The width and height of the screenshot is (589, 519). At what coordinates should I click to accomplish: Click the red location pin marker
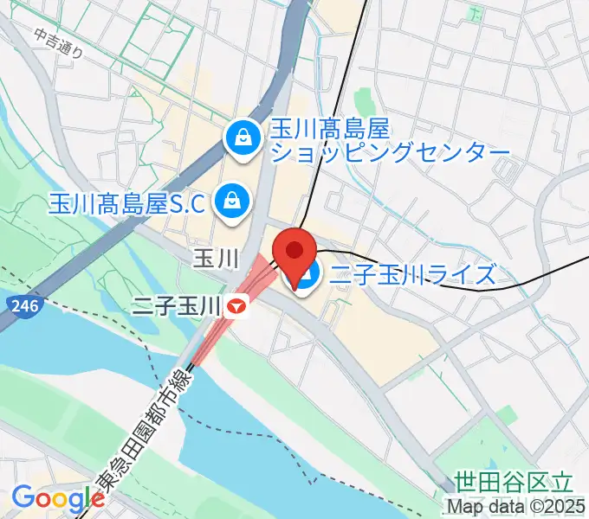[x=295, y=252]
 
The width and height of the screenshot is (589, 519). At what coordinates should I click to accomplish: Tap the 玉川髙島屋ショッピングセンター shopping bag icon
[x=243, y=138]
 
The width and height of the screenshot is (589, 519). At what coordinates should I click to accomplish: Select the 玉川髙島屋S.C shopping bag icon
[x=232, y=202]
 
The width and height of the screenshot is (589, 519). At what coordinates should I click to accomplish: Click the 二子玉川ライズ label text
[x=414, y=275]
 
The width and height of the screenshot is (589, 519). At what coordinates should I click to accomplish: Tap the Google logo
[x=58, y=498]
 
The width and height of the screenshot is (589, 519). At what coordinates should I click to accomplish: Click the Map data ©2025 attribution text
[x=516, y=506]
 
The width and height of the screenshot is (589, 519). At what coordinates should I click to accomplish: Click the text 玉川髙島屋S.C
[x=126, y=204]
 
